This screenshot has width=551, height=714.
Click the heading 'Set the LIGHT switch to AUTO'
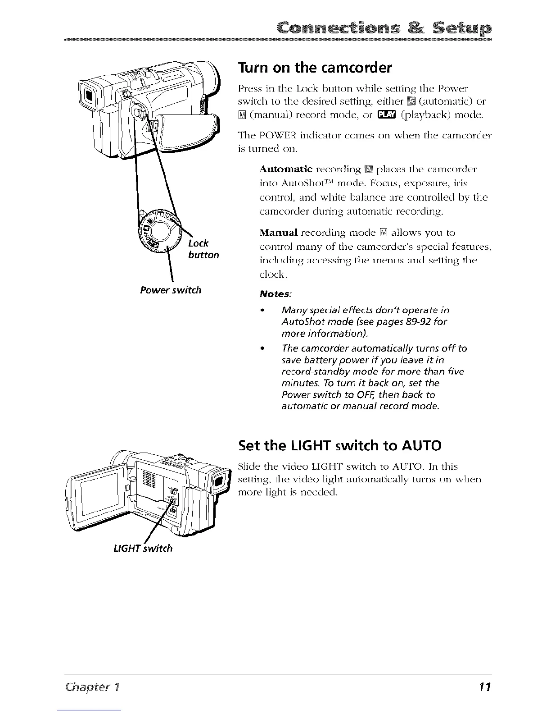(339, 446)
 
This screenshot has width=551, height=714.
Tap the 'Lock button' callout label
(203, 249)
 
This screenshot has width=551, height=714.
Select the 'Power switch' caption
(171, 290)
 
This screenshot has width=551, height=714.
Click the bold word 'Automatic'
(286, 169)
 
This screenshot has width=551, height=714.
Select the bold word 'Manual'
(279, 233)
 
